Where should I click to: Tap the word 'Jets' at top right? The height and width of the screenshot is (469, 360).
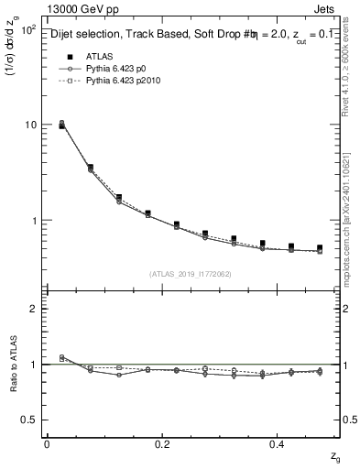coord(325,8)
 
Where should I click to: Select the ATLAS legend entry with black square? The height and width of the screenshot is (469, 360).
coord(88,57)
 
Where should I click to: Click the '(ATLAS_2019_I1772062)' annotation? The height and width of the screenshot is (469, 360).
coord(192,274)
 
